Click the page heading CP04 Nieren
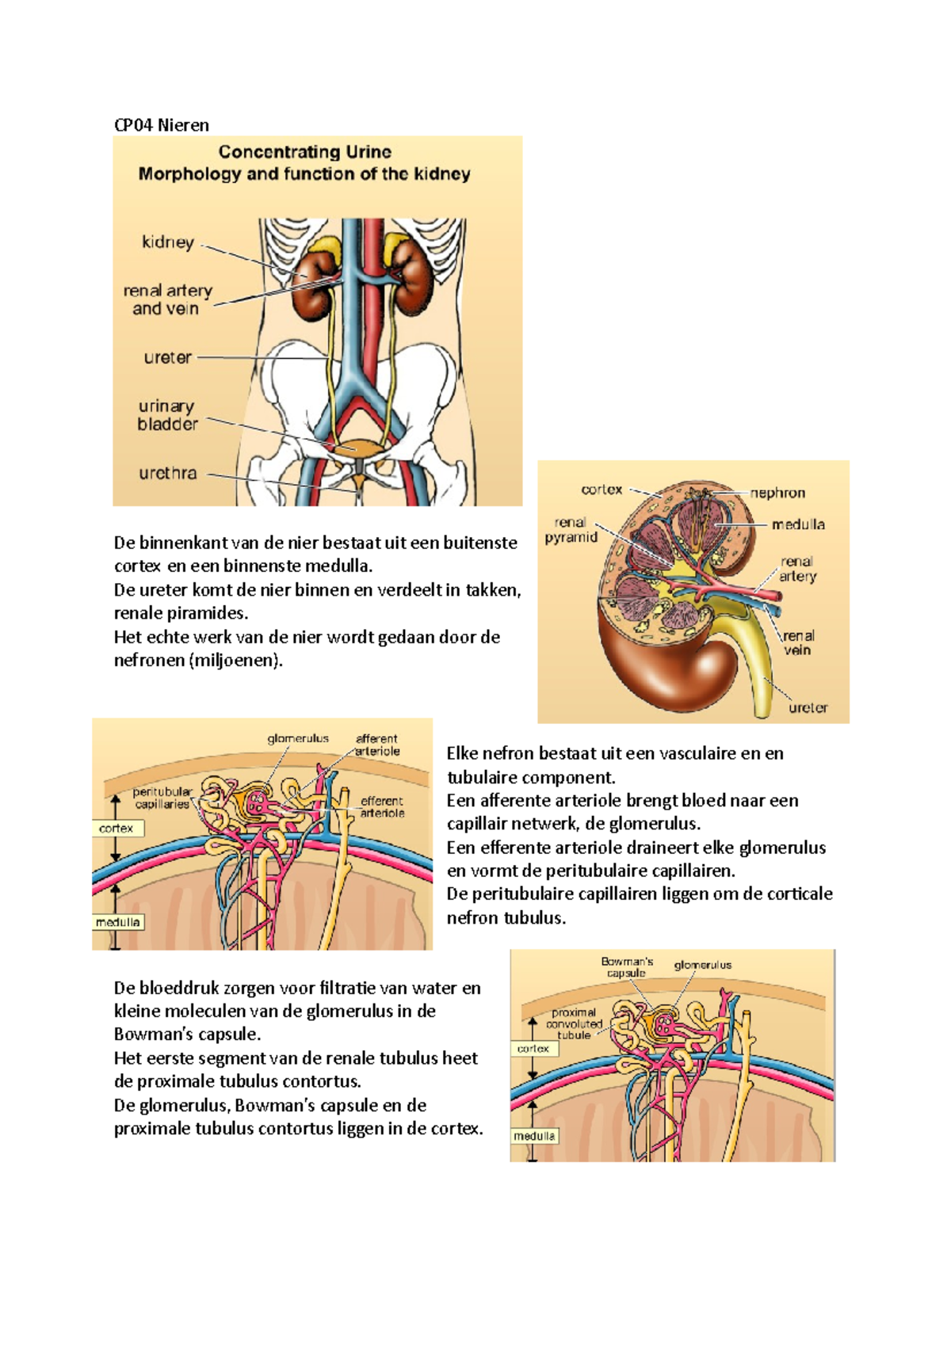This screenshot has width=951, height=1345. (x=162, y=125)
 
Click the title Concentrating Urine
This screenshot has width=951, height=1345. (x=304, y=152)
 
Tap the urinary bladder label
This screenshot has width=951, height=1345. (x=167, y=416)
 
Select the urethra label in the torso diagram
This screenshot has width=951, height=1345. (x=167, y=473)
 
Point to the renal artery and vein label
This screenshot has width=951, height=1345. (x=167, y=299)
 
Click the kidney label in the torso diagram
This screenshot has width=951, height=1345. (x=168, y=242)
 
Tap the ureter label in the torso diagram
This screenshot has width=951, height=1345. (x=167, y=358)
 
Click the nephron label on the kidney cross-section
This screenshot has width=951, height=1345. (x=777, y=493)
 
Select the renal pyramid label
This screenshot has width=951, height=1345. (x=571, y=530)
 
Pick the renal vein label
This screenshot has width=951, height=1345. (x=798, y=642)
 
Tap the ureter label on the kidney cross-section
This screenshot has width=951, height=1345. (x=808, y=708)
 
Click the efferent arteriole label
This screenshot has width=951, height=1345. (x=382, y=807)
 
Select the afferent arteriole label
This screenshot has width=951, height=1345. (x=377, y=745)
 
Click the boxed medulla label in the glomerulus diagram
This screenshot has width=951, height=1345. (x=118, y=922)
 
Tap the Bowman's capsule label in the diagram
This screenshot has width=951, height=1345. (x=627, y=966)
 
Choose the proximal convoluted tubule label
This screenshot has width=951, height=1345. (x=574, y=1023)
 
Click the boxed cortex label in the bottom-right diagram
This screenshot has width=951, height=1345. (x=533, y=1049)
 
